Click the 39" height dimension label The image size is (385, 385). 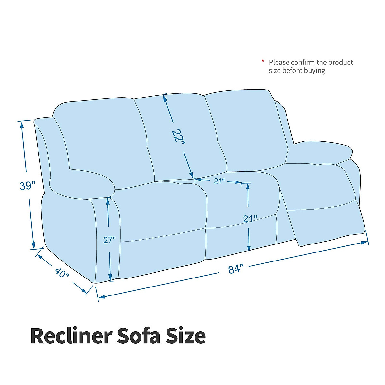pos(27,186)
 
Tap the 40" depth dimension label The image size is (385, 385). pos(62,273)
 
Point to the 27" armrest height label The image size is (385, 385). pos(109,240)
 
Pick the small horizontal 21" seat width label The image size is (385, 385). pos(219,181)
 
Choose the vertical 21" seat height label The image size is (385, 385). pos(250,219)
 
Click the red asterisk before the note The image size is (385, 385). pos(263,61)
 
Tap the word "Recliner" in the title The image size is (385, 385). pos(71,336)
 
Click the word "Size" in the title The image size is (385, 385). pos(185,336)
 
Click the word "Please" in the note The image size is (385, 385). pos(279,63)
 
